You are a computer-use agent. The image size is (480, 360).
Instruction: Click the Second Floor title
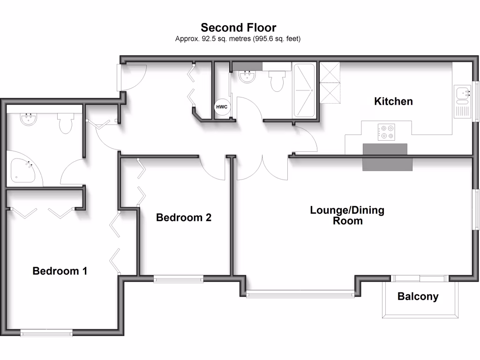[x=239, y=27]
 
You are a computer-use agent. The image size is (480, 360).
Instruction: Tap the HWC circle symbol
[x=222, y=107]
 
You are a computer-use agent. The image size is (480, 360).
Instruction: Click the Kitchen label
[x=393, y=101]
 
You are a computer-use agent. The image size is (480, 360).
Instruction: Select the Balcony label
[x=418, y=297]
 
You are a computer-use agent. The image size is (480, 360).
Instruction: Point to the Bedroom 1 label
[x=60, y=271]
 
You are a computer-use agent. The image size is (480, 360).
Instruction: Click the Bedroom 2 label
[x=184, y=217]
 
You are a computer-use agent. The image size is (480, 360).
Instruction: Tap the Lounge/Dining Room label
[x=347, y=215]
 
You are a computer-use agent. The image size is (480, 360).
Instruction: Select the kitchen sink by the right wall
[x=462, y=94]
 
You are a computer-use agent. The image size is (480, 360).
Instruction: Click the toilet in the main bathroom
[x=277, y=81]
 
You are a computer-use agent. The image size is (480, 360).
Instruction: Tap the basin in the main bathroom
[x=247, y=76]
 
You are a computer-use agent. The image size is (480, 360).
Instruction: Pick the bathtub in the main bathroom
[x=305, y=90]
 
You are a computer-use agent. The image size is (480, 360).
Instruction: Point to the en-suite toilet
[x=65, y=123]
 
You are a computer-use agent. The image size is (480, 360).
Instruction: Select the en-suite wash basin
[x=29, y=120]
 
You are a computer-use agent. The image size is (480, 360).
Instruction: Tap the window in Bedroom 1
[x=46, y=333]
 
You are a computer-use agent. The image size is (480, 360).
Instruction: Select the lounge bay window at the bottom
[x=300, y=294]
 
